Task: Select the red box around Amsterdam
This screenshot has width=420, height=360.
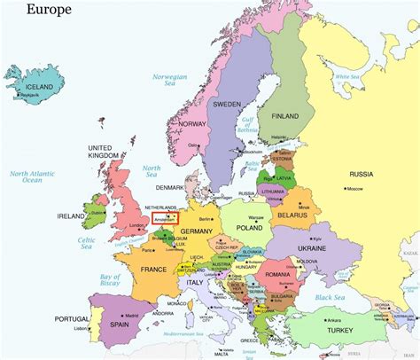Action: point(165,216)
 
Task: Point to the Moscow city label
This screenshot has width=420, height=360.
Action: point(357,190)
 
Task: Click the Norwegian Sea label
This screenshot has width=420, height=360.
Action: point(170,82)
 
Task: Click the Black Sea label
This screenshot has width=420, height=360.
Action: point(329,297)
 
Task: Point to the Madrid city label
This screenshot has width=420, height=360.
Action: point(129,315)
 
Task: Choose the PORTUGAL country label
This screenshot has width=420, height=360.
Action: point(72,318)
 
